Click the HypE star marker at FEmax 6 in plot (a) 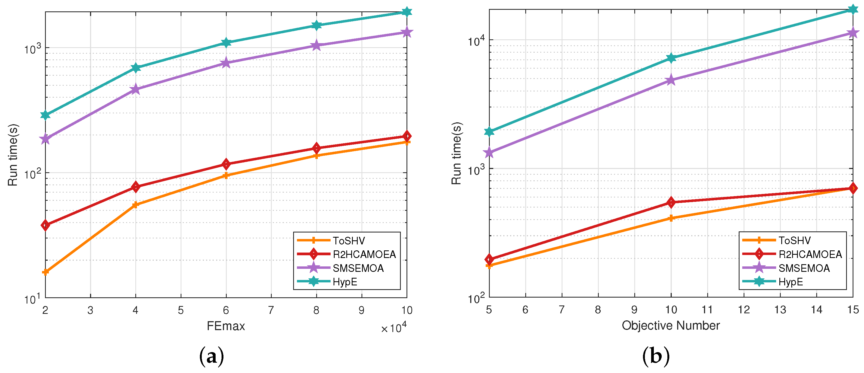click(x=226, y=43)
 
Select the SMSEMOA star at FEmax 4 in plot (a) click(x=136, y=89)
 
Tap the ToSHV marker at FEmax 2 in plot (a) click(x=45, y=272)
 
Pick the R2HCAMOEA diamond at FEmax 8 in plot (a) click(x=316, y=148)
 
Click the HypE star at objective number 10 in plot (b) click(x=671, y=58)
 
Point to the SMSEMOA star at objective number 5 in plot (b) click(x=489, y=153)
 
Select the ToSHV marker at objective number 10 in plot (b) click(x=671, y=218)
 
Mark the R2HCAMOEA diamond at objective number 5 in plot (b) click(x=489, y=259)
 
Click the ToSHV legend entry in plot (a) click(x=349, y=241)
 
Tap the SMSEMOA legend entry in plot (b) click(x=804, y=268)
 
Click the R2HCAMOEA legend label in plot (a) click(x=364, y=254)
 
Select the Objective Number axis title click(x=671, y=325)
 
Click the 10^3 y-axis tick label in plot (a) click(x=32, y=49)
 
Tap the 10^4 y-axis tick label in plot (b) click(x=476, y=41)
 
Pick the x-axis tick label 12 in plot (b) click(x=744, y=310)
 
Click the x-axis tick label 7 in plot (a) click(x=271, y=310)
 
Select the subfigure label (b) click(x=656, y=356)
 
